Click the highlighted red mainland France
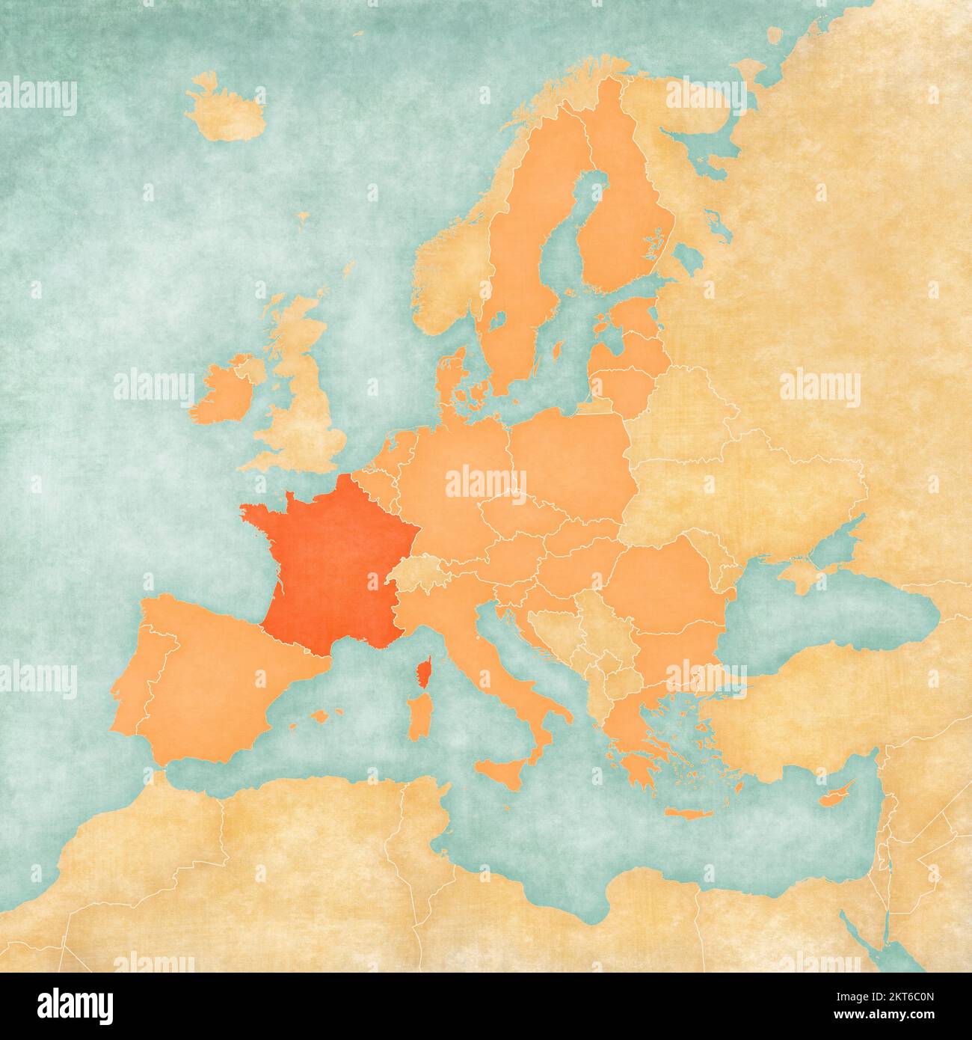point(329,554)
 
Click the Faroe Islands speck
point(303,218)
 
